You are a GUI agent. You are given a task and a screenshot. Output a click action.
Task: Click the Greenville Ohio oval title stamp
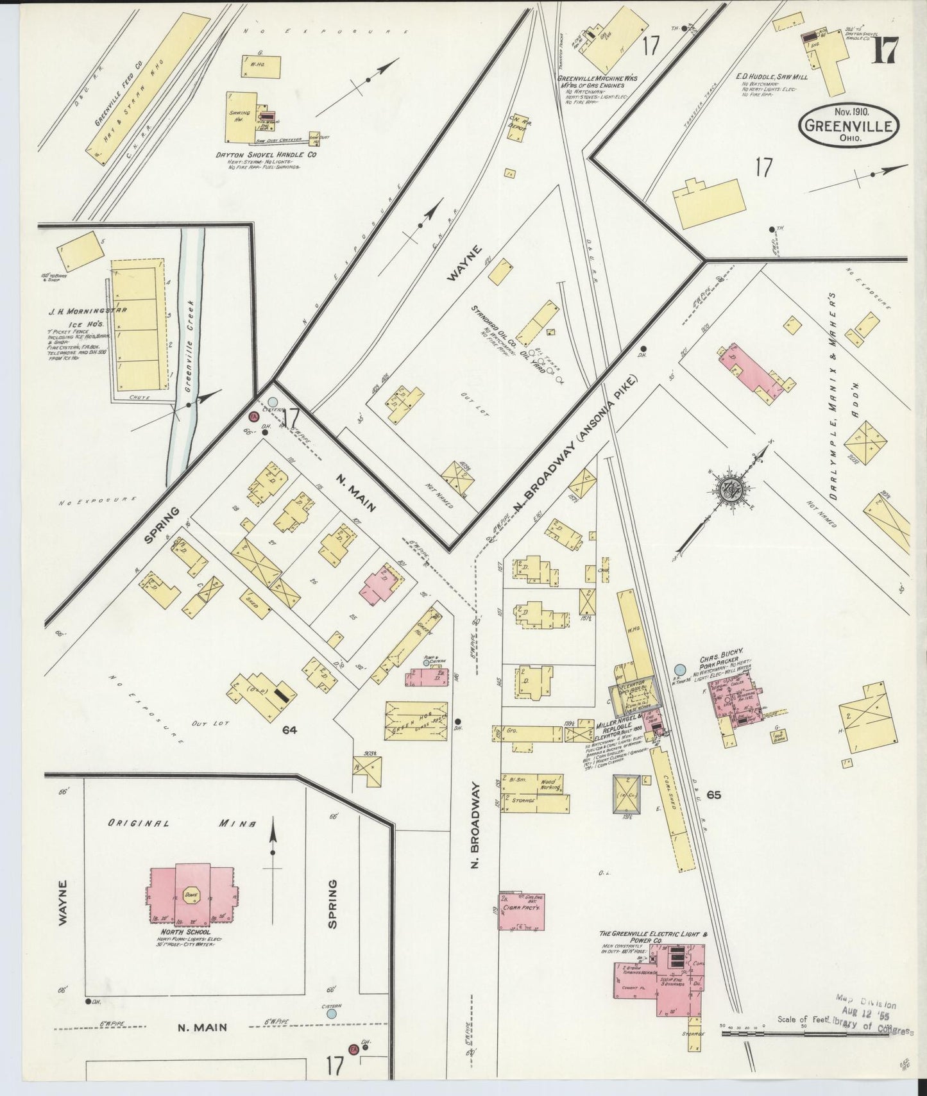(x=848, y=125)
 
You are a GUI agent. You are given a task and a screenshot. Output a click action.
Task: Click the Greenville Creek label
(x=191, y=346)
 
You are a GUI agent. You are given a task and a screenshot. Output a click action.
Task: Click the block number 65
(x=713, y=795)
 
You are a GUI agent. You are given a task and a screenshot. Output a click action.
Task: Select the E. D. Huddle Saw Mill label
(x=771, y=76)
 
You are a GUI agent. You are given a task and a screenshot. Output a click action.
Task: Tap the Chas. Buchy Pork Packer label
(x=722, y=654)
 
